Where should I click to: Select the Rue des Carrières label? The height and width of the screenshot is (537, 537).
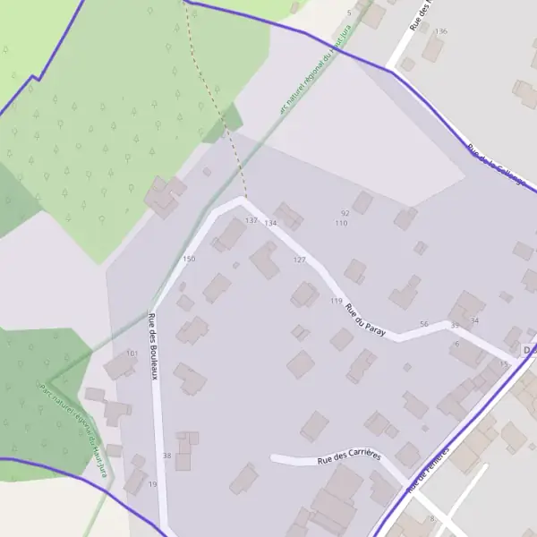tap(349, 457)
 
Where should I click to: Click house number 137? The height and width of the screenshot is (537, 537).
tap(251, 220)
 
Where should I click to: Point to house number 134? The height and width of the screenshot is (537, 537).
tap(270, 223)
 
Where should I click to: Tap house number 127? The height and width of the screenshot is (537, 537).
tap(299, 260)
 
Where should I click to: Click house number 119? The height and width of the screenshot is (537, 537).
tap(336, 301)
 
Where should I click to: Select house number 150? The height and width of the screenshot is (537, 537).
tap(189, 260)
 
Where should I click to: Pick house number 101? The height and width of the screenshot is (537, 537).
tap(132, 354)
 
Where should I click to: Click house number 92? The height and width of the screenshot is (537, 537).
tap(345, 213)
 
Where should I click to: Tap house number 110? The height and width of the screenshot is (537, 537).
tap(340, 223)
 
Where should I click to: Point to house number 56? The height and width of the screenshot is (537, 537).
tap(423, 324)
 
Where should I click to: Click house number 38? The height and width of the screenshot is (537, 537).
tap(166, 456)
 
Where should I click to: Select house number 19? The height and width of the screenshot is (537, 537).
tap(152, 484)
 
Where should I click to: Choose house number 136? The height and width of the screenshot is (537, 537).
tap(440, 31)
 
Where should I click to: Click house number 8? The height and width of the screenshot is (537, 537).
tap(431, 519)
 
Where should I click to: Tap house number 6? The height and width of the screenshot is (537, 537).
tap(456, 344)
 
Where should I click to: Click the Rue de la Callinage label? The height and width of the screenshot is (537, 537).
tap(499, 170)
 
